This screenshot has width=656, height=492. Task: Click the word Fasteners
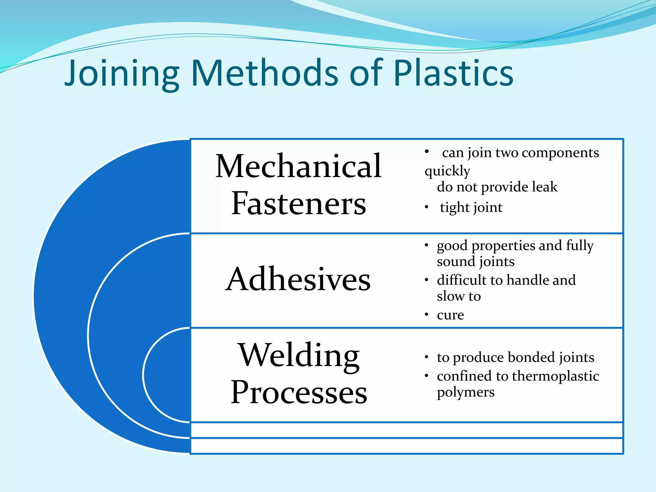click(x=298, y=203)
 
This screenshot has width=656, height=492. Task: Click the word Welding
click(x=299, y=356)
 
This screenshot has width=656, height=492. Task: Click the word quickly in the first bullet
click(x=447, y=171)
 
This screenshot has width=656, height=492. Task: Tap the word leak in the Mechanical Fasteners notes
click(x=545, y=187)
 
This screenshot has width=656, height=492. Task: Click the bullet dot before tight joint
click(x=426, y=207)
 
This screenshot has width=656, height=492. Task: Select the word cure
click(x=450, y=315)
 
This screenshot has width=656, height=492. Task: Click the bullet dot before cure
click(x=426, y=315)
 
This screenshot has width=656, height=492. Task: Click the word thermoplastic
click(x=555, y=376)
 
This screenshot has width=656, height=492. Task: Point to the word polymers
click(x=465, y=392)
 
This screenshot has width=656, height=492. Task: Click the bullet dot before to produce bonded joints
click(x=426, y=357)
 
